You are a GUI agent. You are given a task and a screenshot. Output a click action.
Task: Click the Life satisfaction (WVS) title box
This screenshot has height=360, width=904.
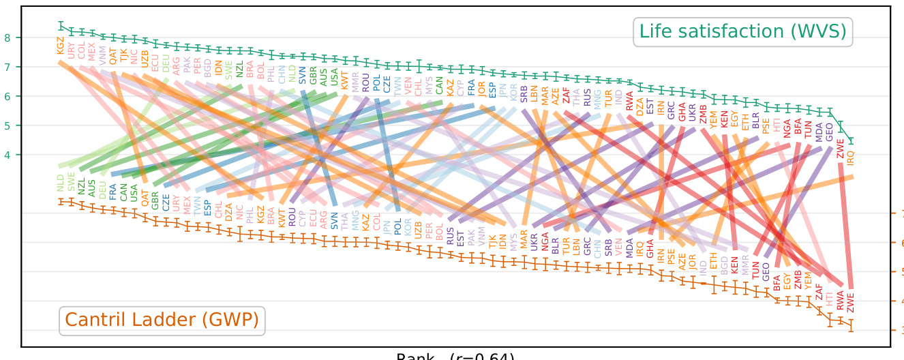pos(742,31)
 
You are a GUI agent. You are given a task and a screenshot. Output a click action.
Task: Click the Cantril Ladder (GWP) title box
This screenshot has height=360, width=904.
pos(162,320)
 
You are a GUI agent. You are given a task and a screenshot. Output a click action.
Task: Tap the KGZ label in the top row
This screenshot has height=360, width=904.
pos(61,46)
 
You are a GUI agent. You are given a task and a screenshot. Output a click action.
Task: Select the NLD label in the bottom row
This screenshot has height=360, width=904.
pos(60,182)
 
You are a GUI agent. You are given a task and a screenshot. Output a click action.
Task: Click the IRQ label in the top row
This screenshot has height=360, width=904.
pos(850,158)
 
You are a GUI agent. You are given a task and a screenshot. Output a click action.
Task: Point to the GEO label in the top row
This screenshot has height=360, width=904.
pos(829,131)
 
